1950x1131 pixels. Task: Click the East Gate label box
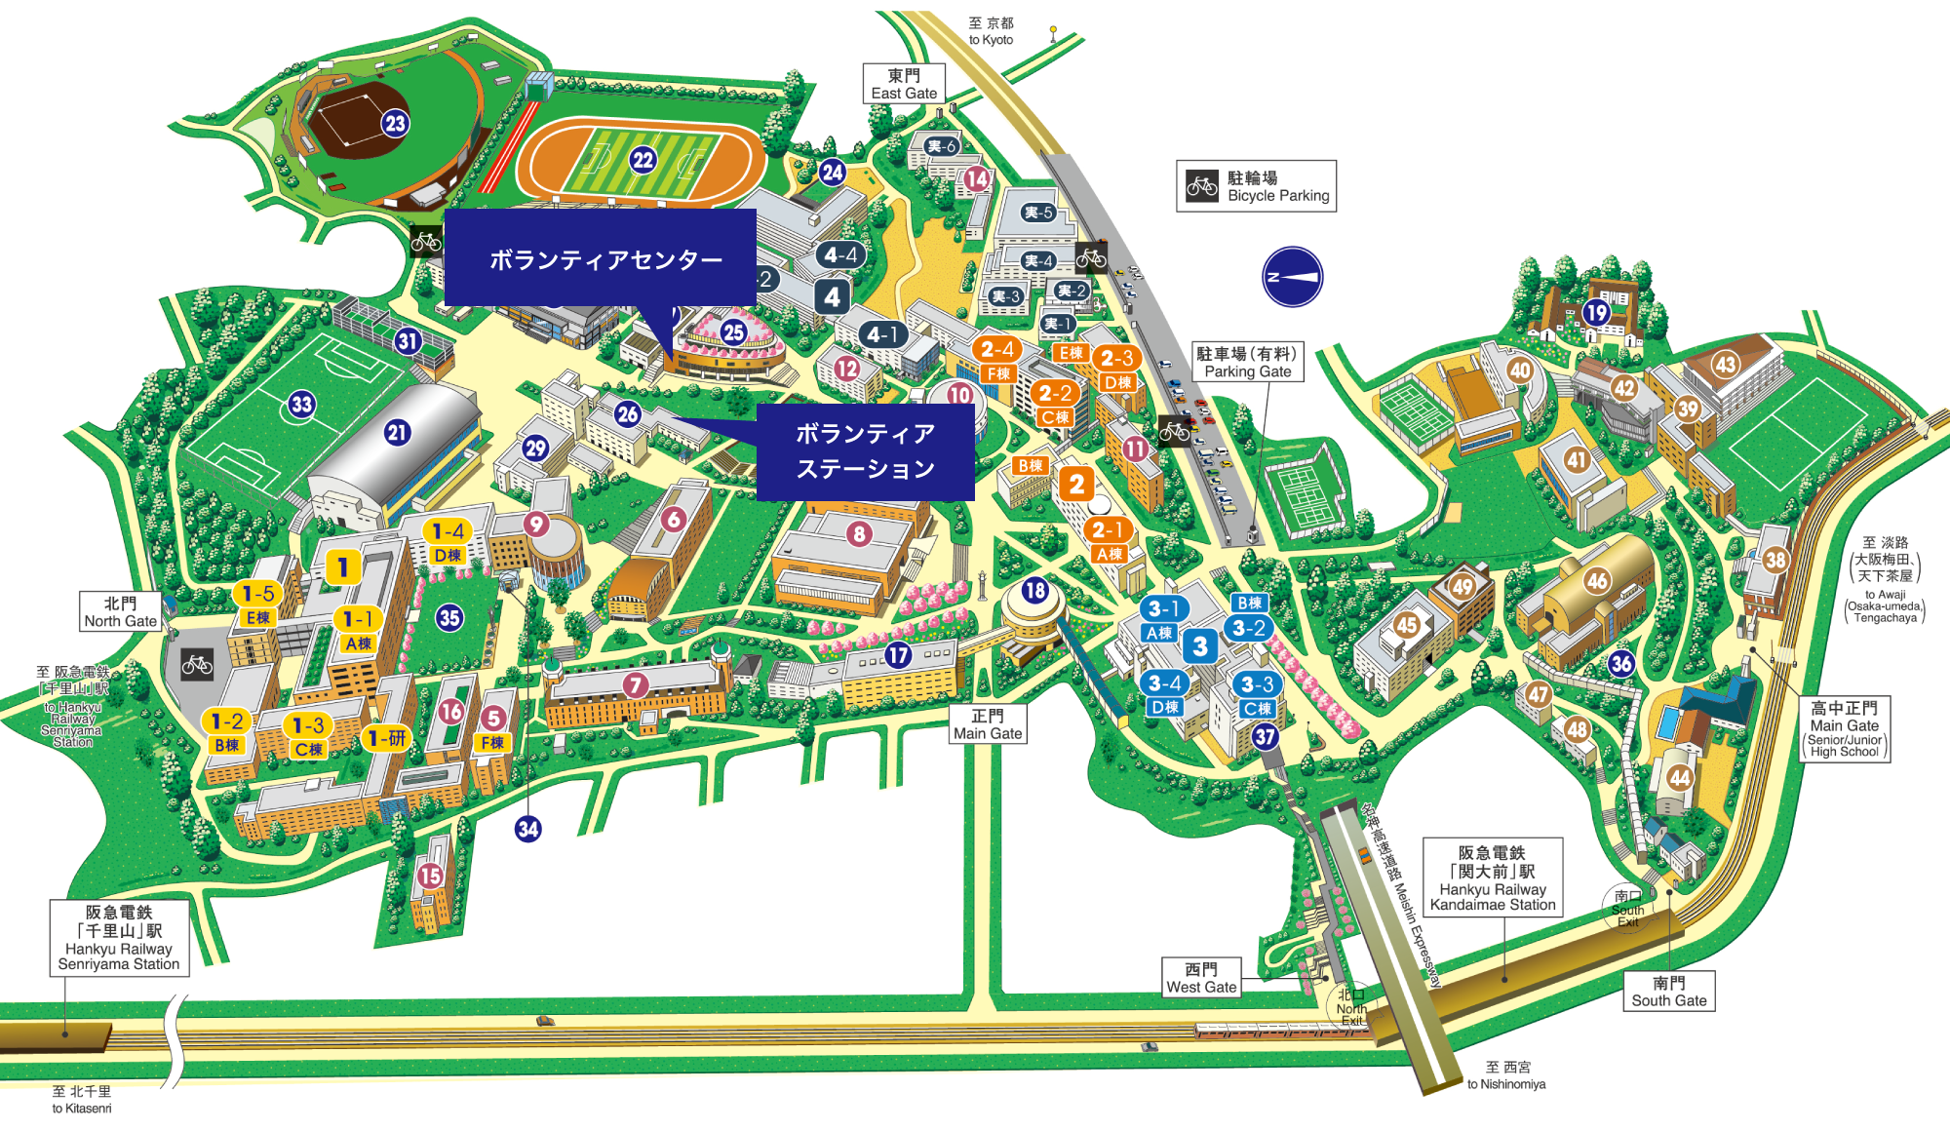click(x=904, y=84)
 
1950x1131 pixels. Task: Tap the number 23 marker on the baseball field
click(x=395, y=124)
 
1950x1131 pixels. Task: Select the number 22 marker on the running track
click(x=643, y=160)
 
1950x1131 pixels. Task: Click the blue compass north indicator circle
click(x=1292, y=277)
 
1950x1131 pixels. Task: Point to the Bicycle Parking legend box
click(x=1256, y=186)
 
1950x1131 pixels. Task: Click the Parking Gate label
click(x=1247, y=362)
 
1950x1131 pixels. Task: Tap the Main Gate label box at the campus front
click(x=988, y=724)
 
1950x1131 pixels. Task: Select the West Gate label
click(x=1201, y=978)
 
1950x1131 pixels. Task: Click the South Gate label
click(x=1668, y=992)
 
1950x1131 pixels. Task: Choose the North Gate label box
click(x=120, y=612)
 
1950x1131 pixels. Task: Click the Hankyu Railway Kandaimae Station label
click(x=1492, y=877)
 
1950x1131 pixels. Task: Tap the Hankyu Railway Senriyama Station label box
click(x=119, y=938)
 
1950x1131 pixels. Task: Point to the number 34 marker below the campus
click(x=528, y=829)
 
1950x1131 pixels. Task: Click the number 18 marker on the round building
click(x=1034, y=590)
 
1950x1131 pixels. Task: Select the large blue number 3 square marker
click(x=1200, y=645)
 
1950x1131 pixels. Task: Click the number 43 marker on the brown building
click(x=1726, y=365)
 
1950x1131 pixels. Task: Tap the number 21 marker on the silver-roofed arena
click(x=397, y=433)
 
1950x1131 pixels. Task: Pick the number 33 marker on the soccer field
click(x=301, y=405)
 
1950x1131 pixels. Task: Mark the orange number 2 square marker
click(x=1076, y=484)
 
